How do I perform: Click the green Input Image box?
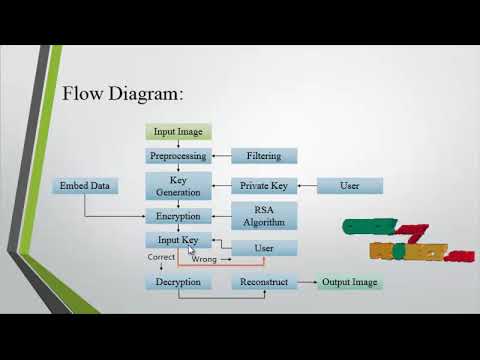click(x=178, y=132)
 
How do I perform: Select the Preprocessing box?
click(x=178, y=156)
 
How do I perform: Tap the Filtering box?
click(x=263, y=156)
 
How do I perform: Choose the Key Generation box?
click(x=178, y=186)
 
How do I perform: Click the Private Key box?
click(x=263, y=186)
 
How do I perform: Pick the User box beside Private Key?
click(x=349, y=186)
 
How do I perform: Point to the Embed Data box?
click(x=85, y=186)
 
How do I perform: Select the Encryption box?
click(x=178, y=216)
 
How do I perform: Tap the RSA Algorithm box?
click(x=263, y=216)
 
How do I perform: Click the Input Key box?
click(x=178, y=241)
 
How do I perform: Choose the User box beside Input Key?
click(x=263, y=247)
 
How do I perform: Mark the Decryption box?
click(x=178, y=282)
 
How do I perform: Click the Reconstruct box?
click(x=263, y=282)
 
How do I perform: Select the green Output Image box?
click(x=349, y=282)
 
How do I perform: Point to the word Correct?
click(x=161, y=258)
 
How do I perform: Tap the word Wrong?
click(x=205, y=260)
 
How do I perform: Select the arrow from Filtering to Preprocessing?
click(x=221, y=156)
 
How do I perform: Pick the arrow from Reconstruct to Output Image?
click(x=306, y=282)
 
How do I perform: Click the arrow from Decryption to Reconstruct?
click(x=221, y=282)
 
